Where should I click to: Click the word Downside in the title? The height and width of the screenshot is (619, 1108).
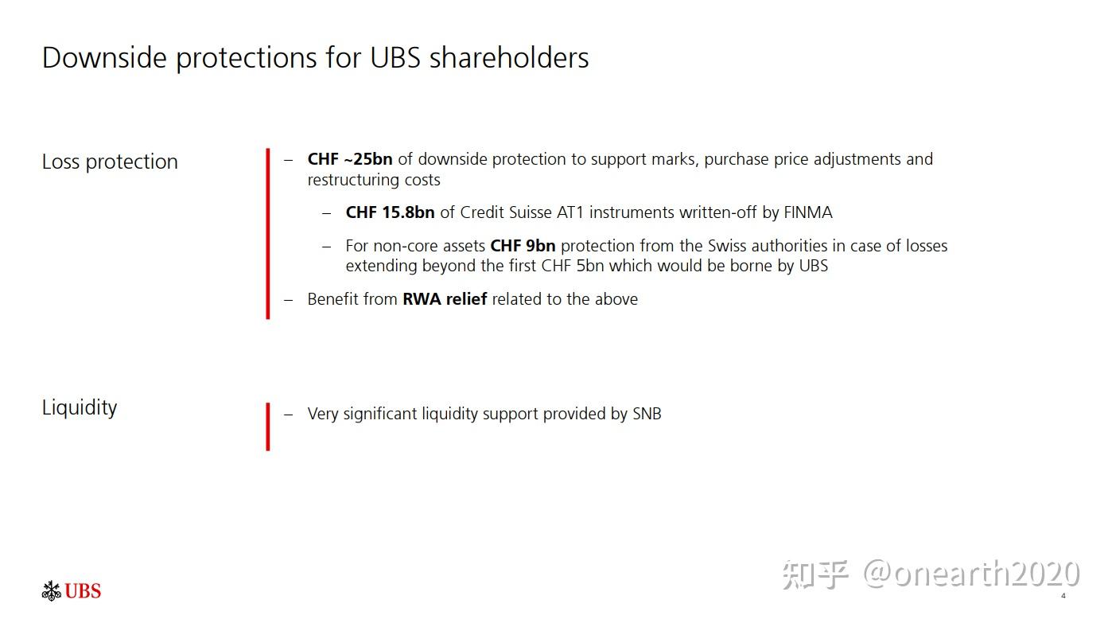104,57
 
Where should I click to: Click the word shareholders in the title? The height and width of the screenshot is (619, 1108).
509,57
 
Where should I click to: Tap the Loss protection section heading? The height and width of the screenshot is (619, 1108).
110,162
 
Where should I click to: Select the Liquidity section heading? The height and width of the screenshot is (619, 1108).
80,407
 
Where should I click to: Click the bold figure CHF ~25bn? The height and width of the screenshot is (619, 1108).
350,159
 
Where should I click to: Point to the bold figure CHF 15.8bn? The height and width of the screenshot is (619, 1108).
390,212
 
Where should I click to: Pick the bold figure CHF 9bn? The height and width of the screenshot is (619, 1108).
523,246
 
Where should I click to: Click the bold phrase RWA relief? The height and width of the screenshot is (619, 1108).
445,299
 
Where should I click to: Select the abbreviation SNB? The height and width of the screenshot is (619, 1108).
647,414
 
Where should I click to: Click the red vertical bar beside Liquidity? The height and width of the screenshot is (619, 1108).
268,426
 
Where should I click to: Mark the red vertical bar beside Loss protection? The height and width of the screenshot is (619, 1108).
268,234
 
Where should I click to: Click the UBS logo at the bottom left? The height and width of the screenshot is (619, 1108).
72,591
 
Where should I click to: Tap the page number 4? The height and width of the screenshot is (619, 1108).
1063,596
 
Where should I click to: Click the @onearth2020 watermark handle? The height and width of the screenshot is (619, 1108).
971,574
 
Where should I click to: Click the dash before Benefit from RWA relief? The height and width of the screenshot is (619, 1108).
289,300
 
